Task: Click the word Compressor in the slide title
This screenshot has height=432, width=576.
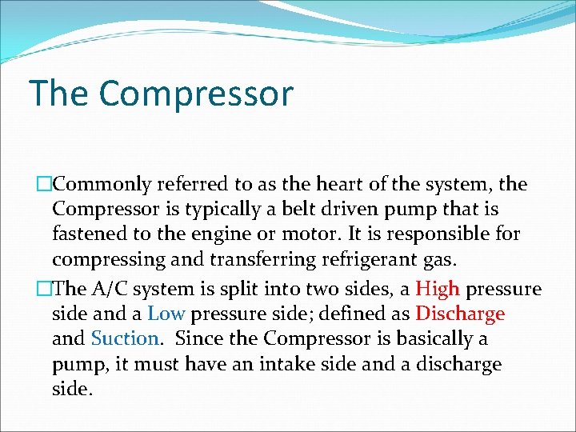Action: pos(196,94)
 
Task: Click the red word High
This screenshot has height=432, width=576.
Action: pos(438,289)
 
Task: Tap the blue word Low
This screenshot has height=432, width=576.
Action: pos(166,314)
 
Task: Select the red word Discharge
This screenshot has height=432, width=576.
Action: pos(460,314)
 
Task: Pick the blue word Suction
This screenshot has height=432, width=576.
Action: pos(126,338)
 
